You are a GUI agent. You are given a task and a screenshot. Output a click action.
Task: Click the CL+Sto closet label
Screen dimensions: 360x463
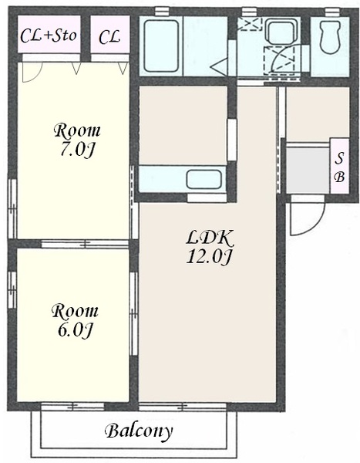(x=49, y=35)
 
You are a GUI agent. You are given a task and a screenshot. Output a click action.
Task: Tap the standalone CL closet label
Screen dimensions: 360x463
(x=109, y=36)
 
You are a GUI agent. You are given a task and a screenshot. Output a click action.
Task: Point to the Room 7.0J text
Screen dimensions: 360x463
(x=77, y=140)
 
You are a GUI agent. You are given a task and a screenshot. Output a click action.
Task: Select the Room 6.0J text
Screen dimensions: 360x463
(x=75, y=320)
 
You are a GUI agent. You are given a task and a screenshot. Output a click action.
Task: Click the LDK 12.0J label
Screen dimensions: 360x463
(x=210, y=247)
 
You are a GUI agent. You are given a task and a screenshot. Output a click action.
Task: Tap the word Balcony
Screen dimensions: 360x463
(x=139, y=431)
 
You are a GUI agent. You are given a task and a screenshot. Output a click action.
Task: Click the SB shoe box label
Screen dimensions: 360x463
(x=340, y=167)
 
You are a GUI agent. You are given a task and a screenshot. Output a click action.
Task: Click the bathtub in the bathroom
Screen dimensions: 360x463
(x=161, y=46)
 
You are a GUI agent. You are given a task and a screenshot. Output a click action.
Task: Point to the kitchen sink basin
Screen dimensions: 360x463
(x=204, y=179)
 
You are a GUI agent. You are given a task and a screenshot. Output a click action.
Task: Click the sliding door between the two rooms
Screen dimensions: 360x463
(x=85, y=244)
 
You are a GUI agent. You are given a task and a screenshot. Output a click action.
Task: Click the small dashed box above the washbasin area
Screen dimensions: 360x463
(x=250, y=24)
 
